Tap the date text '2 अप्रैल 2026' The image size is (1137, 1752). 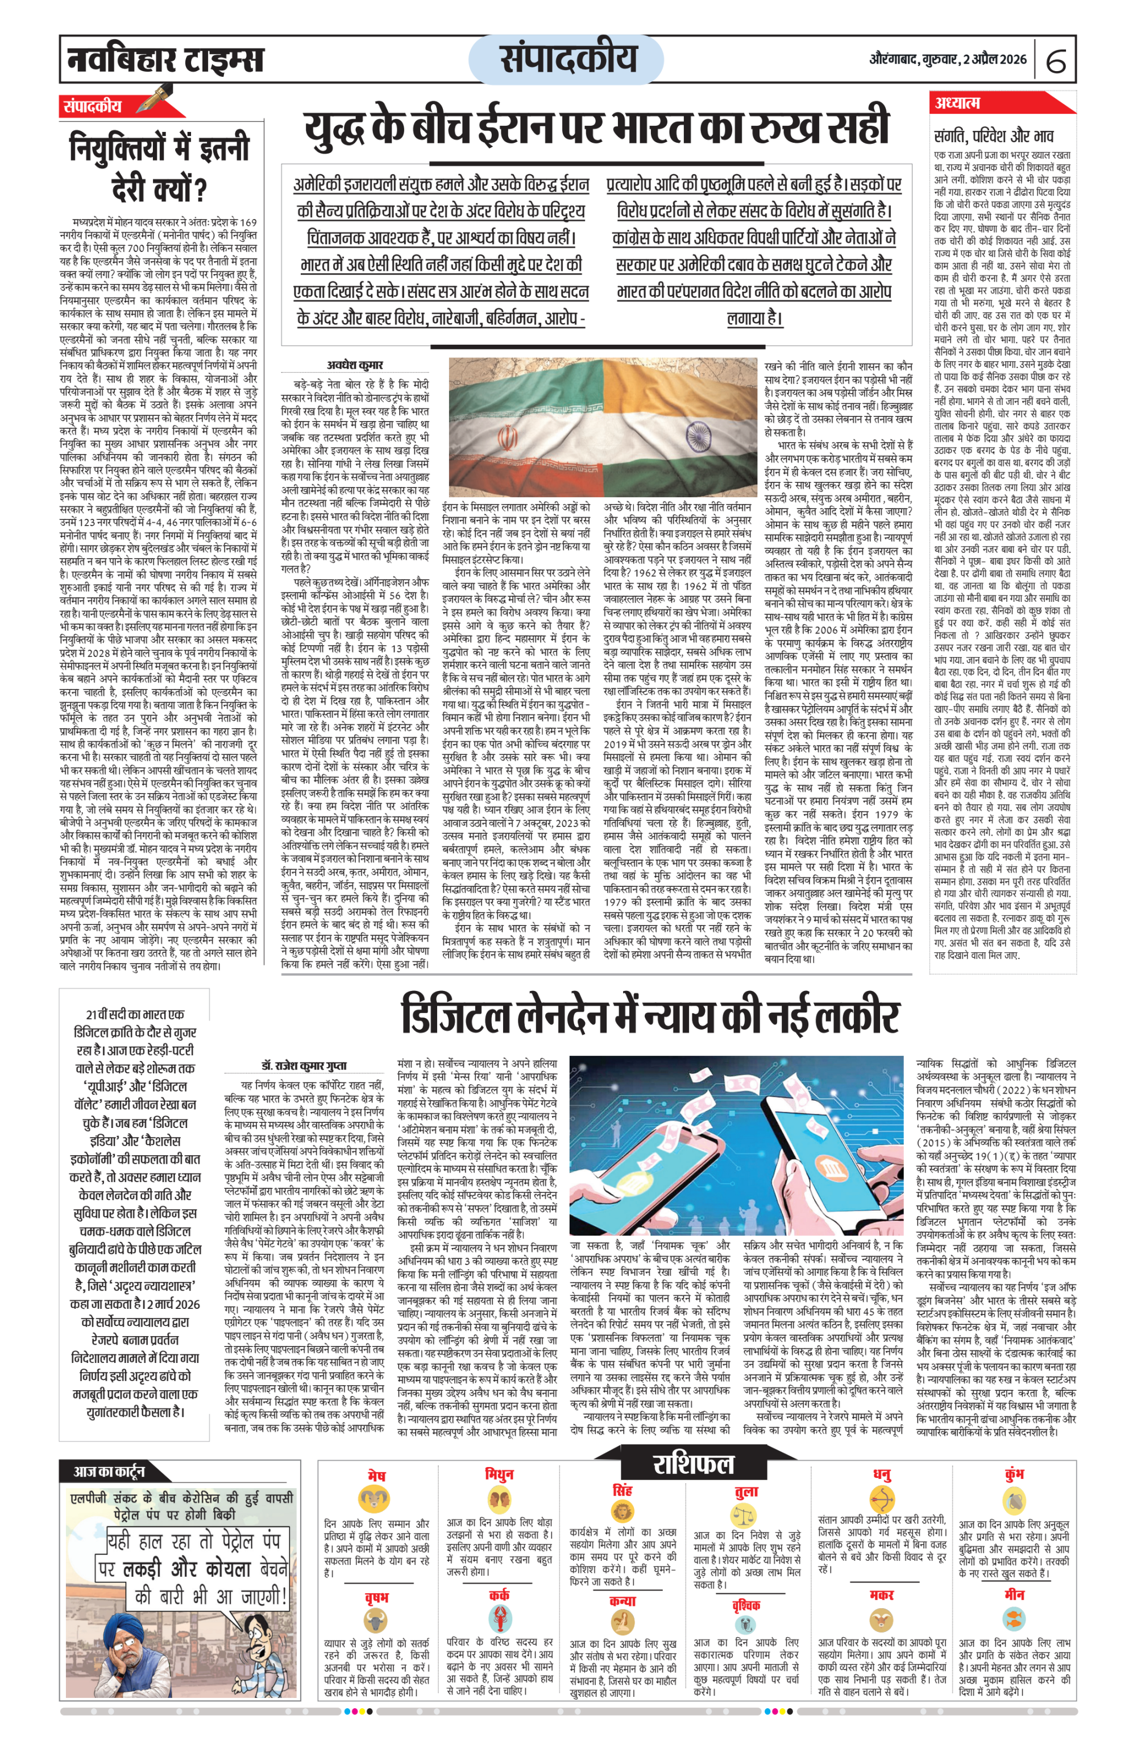point(994,60)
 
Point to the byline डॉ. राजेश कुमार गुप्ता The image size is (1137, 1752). point(303,1065)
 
